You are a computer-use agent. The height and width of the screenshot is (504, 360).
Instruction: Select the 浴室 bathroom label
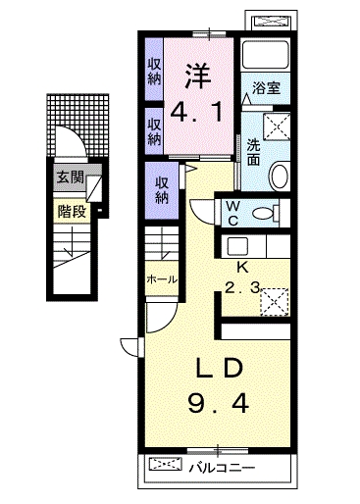(x=266, y=87)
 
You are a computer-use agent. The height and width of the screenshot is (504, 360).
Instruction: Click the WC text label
(x=233, y=212)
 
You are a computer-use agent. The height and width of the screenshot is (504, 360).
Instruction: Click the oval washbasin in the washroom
(x=278, y=176)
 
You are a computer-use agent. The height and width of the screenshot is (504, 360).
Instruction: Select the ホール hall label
(x=161, y=279)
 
